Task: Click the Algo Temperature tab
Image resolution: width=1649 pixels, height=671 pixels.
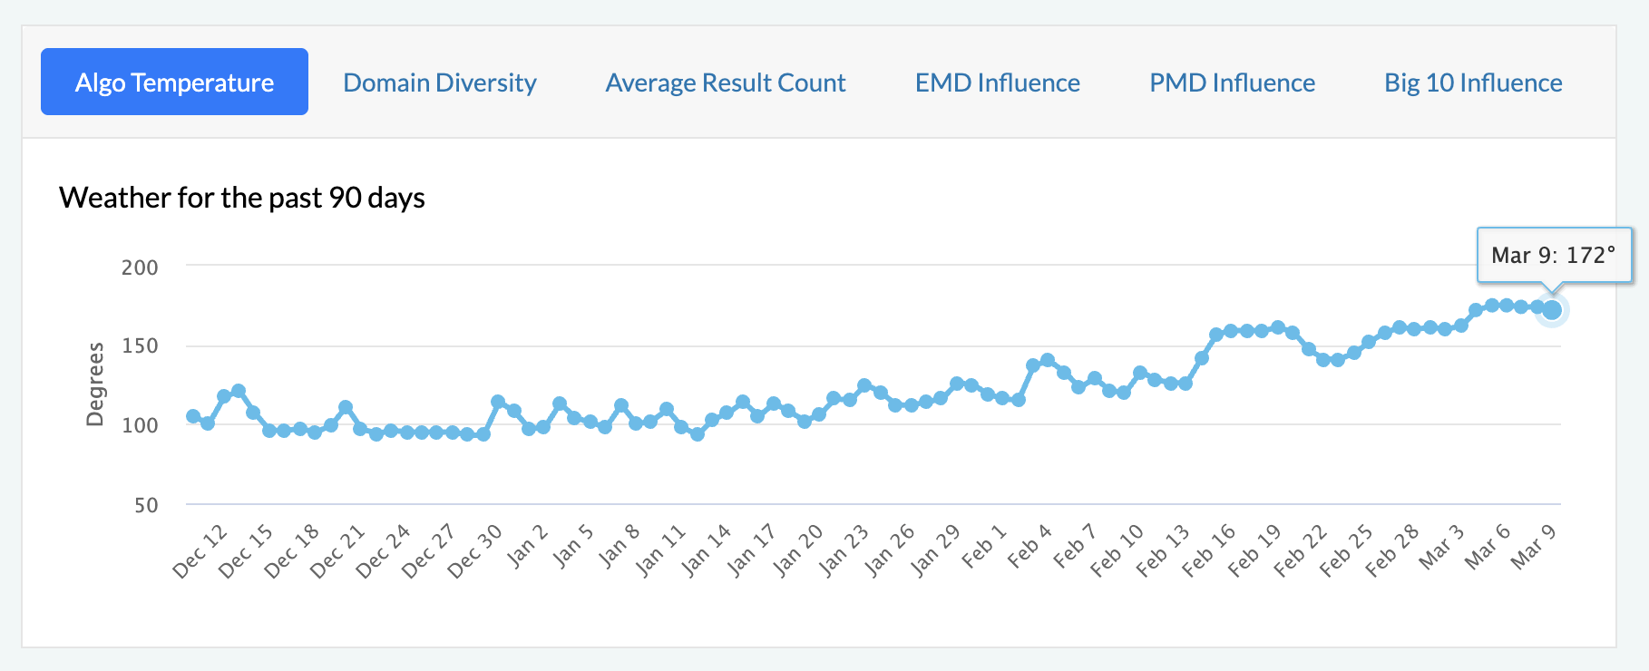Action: click(x=174, y=83)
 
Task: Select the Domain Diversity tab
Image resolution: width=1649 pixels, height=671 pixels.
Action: click(x=440, y=83)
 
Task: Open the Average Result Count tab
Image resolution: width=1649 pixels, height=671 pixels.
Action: click(x=726, y=83)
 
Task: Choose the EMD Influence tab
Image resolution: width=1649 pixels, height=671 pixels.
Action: click(x=997, y=83)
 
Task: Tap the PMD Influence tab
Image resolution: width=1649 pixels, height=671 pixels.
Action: click(x=1232, y=83)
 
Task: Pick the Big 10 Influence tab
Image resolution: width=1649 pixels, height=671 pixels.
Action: click(x=1473, y=83)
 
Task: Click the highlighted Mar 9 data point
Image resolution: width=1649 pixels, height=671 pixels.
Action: click(x=1552, y=310)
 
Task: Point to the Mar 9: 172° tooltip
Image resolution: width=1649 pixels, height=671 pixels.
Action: click(x=1553, y=255)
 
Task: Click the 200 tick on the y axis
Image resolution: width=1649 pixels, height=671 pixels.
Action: click(x=140, y=267)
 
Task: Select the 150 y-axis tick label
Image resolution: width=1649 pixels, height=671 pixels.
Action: click(x=140, y=345)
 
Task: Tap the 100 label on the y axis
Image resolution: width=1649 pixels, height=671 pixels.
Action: click(x=140, y=424)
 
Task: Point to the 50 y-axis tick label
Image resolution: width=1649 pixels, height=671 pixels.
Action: click(x=146, y=505)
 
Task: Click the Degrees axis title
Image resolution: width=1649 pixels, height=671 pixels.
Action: click(x=94, y=384)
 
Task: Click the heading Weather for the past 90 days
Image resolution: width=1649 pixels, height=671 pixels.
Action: click(x=242, y=198)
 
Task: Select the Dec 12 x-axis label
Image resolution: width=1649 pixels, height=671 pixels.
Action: click(x=200, y=551)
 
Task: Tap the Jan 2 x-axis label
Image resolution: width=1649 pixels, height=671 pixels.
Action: click(x=527, y=546)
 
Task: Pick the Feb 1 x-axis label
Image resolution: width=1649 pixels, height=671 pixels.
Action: click(x=984, y=546)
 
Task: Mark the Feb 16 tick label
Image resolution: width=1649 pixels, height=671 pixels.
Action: click(x=1208, y=551)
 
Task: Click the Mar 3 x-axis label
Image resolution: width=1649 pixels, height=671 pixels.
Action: click(x=1441, y=547)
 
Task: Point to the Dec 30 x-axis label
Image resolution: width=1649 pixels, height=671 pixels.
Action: click(x=474, y=551)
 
